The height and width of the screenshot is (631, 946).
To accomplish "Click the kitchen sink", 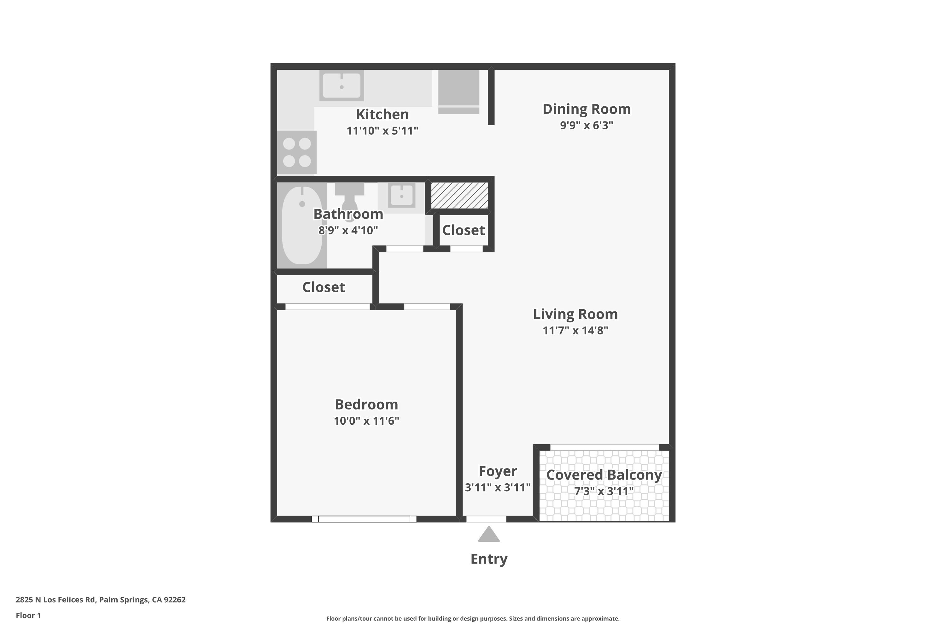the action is (x=342, y=85).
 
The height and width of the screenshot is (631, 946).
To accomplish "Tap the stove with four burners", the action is (x=297, y=152).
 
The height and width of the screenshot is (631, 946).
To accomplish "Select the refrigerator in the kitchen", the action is (x=458, y=92).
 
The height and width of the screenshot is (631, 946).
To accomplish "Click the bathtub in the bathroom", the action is (x=302, y=225).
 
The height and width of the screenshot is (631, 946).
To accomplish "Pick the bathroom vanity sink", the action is (x=401, y=196).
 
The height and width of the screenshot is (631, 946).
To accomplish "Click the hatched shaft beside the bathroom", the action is (x=459, y=196).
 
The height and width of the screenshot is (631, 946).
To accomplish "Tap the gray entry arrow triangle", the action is (x=489, y=534).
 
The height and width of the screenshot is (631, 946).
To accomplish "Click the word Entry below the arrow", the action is (x=489, y=559).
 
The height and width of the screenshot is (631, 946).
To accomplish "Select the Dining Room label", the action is (x=587, y=109).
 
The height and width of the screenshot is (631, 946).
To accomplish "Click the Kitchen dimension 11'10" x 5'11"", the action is (x=382, y=131).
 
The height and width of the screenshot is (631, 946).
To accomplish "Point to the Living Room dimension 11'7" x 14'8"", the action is (x=575, y=330).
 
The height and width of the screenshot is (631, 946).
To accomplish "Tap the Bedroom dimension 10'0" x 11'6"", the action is (x=366, y=421).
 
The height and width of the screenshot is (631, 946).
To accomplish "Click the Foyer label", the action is (x=498, y=471).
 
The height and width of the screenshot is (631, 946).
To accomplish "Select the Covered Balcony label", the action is (x=604, y=475).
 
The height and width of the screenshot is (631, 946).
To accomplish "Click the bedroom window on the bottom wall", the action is (x=364, y=519).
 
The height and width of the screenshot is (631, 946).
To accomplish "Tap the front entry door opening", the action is (x=486, y=519).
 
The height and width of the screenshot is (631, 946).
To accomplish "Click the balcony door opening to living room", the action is (x=604, y=447).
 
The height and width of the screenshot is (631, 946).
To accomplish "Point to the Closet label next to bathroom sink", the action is (x=463, y=230).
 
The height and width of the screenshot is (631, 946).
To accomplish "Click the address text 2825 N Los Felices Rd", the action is (x=55, y=600).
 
